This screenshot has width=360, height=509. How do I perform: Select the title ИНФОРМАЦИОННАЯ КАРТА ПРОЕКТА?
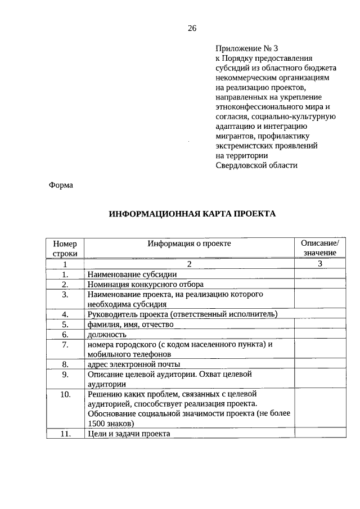tap(192, 214)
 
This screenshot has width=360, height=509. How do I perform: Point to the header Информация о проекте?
tap(189, 244)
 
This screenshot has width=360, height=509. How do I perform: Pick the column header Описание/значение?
tap(319, 248)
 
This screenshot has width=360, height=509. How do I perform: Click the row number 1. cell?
tap(65, 274)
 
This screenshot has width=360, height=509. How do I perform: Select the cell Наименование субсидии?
tap(132, 274)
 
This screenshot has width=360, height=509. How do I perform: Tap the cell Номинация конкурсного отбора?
tap(145, 284)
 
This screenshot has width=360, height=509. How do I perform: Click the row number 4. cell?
tap(65, 314)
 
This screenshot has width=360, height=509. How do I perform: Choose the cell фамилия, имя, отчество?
tap(129, 324)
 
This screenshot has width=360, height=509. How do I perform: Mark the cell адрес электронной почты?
tap(133, 364)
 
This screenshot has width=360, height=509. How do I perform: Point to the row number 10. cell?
tap(65, 394)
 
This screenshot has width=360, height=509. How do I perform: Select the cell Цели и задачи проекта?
tap(128, 434)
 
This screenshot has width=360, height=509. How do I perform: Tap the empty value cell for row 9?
tap(319, 379)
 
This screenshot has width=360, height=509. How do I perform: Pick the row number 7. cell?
tap(65, 344)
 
